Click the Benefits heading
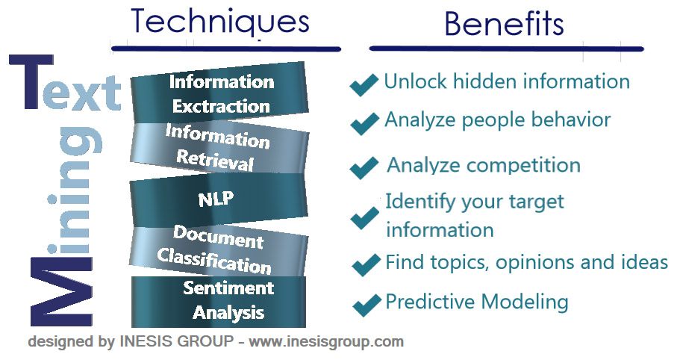click(504, 24)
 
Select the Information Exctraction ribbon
click(220, 93)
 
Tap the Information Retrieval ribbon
click(218, 147)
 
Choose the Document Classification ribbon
click(218, 249)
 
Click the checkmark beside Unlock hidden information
click(364, 85)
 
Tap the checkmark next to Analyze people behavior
click(364, 123)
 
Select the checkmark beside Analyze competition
click(364, 167)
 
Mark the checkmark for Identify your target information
click(364, 217)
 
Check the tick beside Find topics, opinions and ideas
click(366, 264)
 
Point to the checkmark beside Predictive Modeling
click(366, 304)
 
